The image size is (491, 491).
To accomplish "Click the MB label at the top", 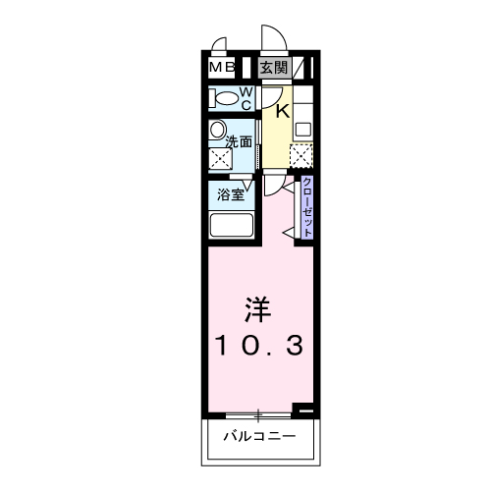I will (221, 68).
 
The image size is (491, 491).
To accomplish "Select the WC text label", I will (246, 97).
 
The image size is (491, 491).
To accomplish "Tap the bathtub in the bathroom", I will (231, 226).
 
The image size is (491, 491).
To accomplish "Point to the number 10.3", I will (258, 345).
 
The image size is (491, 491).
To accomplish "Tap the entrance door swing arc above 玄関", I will (273, 39).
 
